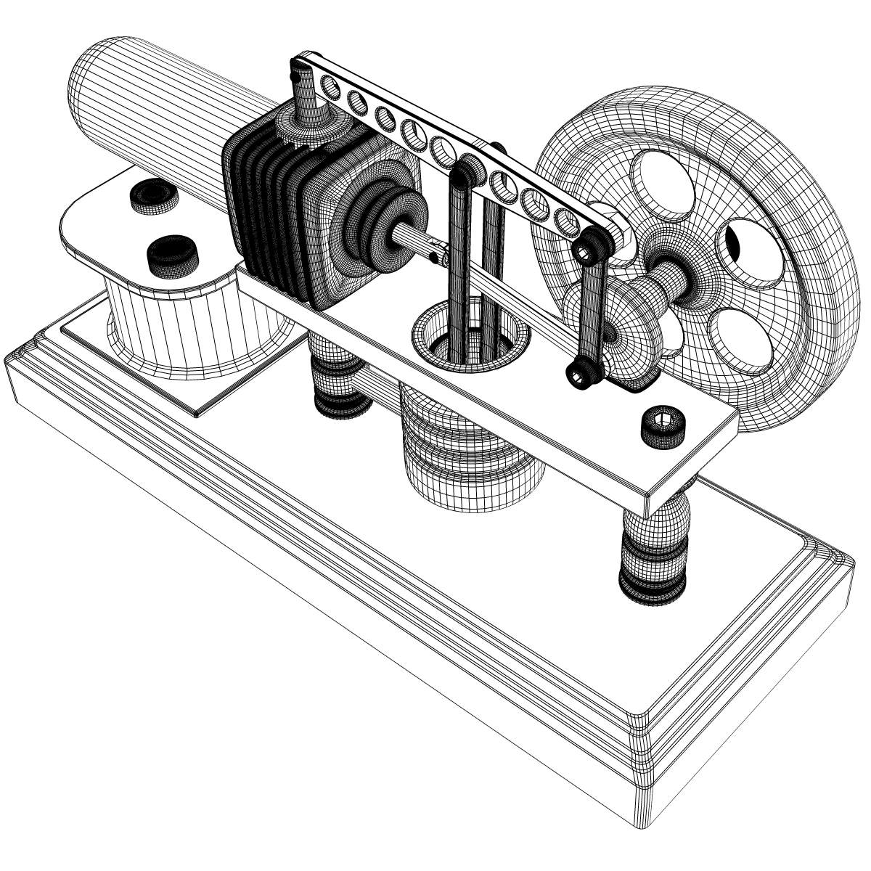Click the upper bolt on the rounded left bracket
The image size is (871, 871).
[153, 196]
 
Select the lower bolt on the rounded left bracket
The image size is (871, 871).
[174, 253]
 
